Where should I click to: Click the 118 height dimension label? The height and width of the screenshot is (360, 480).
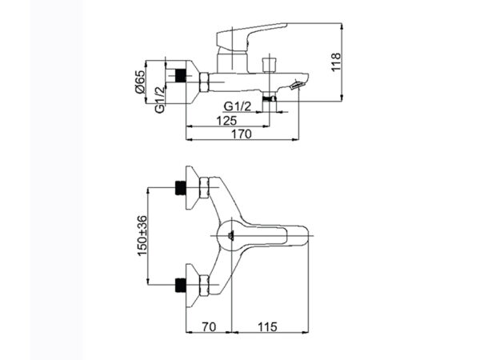(x=336, y=62)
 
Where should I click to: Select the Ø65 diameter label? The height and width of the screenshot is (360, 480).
(x=139, y=82)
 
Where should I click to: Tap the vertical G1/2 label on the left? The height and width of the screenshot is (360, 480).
(x=159, y=100)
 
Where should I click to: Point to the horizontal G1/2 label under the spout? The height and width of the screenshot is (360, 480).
(x=238, y=106)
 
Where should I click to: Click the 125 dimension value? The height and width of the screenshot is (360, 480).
(x=226, y=121)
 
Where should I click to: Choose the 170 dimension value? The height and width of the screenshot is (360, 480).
(x=242, y=134)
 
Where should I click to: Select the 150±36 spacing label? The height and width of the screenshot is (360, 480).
(x=142, y=236)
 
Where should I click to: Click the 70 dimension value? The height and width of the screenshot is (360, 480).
(x=209, y=326)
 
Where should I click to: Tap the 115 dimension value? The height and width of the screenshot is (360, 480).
(x=267, y=326)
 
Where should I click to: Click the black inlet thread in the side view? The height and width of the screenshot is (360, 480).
(x=181, y=75)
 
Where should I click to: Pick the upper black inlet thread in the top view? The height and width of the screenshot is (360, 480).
(x=181, y=187)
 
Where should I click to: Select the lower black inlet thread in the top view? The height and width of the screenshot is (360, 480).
(x=181, y=285)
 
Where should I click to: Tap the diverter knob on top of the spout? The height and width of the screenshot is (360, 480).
(x=270, y=65)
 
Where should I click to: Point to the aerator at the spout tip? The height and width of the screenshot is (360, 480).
(x=297, y=86)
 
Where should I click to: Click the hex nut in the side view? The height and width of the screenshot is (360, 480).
(x=204, y=82)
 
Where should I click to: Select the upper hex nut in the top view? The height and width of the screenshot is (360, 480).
(x=204, y=187)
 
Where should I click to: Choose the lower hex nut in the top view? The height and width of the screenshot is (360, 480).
(x=204, y=285)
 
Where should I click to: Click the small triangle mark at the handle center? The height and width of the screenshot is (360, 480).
(x=231, y=235)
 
